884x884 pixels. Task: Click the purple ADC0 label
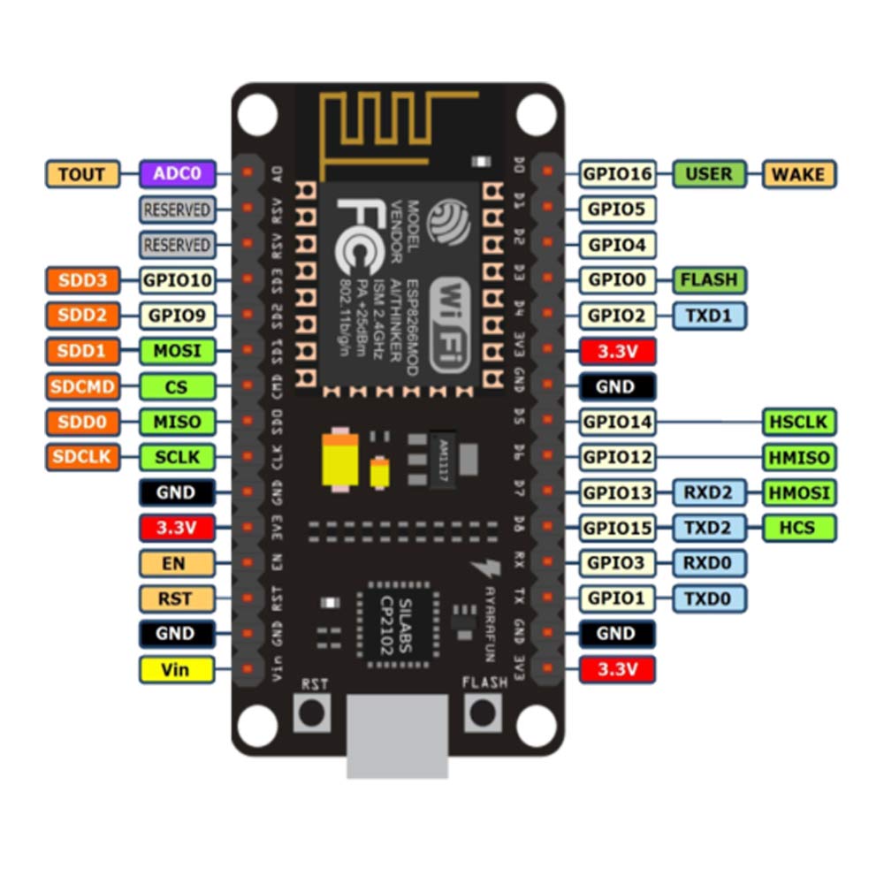(x=177, y=174)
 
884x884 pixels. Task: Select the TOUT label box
(x=81, y=174)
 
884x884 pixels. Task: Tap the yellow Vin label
(x=177, y=669)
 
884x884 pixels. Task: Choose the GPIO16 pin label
(x=617, y=174)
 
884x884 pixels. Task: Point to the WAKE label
(x=799, y=174)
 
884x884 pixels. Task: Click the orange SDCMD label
(x=81, y=386)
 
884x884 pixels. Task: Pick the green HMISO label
(x=799, y=457)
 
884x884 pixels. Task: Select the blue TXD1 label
(x=709, y=316)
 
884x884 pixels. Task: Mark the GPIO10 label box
(x=177, y=280)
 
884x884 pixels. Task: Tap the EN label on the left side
(x=177, y=563)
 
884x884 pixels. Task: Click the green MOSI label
(x=177, y=351)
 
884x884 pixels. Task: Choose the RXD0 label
(x=709, y=563)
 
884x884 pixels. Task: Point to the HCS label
(x=799, y=528)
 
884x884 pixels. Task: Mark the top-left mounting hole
(x=257, y=112)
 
